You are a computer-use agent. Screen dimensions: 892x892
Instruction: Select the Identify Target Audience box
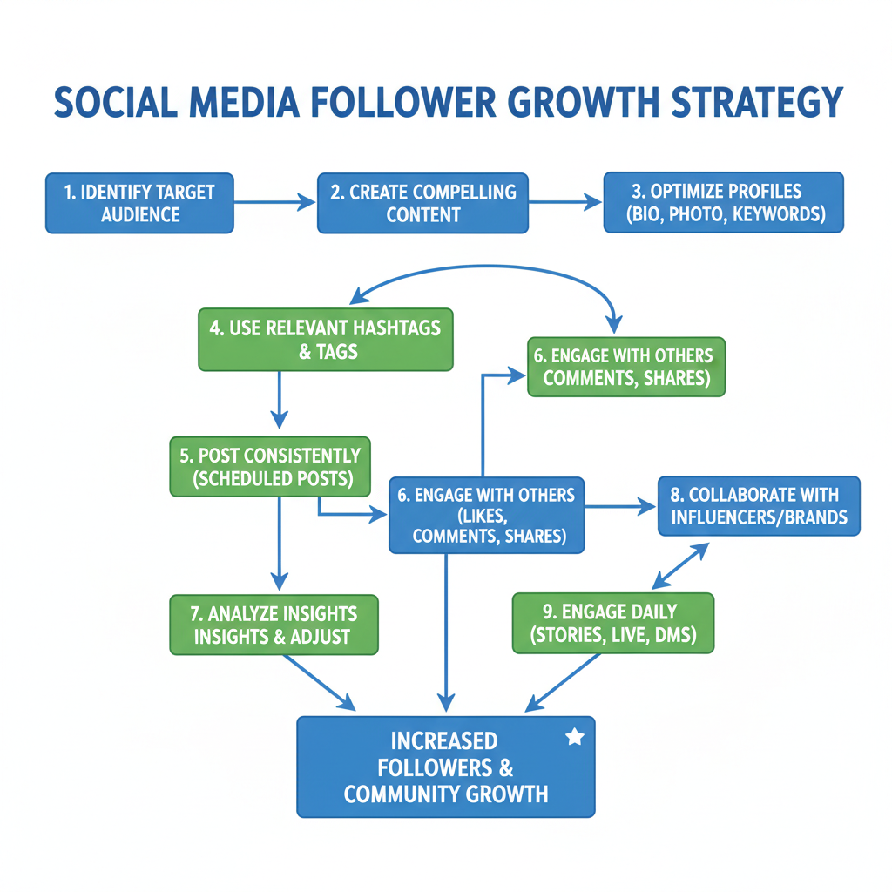click(x=139, y=203)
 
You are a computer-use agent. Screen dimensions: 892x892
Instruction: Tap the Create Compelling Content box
click(x=422, y=203)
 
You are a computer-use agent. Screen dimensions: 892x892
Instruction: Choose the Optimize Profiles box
click(x=724, y=202)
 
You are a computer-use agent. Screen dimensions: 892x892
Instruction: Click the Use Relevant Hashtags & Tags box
click(x=326, y=340)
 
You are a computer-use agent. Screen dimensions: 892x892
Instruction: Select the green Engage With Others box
click(x=625, y=368)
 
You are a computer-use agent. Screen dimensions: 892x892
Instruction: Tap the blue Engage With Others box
click(x=487, y=515)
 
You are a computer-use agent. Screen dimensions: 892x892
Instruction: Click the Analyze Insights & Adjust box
click(x=274, y=624)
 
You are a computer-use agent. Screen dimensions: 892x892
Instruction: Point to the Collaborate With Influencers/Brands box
click(x=759, y=505)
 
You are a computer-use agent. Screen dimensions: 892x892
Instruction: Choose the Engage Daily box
click(x=613, y=623)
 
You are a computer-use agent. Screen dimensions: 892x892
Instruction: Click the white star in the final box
click(x=575, y=737)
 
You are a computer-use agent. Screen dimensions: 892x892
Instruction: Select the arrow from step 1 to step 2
click(x=274, y=203)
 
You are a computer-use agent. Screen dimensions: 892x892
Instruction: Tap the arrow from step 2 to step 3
click(x=565, y=202)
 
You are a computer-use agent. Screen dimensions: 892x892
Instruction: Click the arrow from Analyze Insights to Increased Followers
click(x=320, y=681)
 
